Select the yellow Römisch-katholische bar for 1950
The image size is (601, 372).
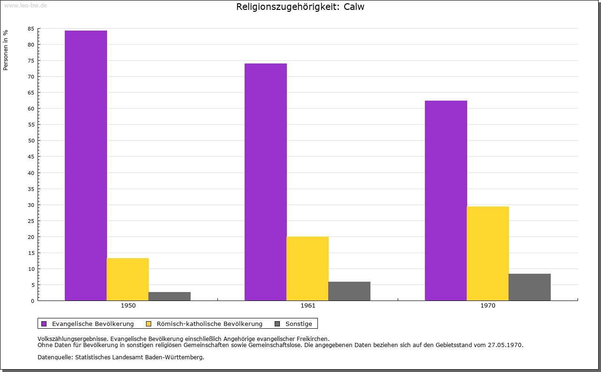pyautogui.click(x=128, y=279)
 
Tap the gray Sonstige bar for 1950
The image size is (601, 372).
pyautogui.click(x=170, y=296)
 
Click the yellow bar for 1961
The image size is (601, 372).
pyautogui.click(x=308, y=269)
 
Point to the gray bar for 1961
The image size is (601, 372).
pyautogui.click(x=349, y=291)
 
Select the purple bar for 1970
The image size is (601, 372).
pyautogui.click(x=446, y=200)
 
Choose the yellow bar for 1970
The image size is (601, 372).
pyautogui.click(x=488, y=253)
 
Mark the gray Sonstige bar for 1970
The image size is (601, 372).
pyautogui.click(x=530, y=287)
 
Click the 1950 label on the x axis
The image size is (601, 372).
pyautogui.click(x=128, y=306)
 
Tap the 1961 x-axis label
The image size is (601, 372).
pyautogui.click(x=308, y=306)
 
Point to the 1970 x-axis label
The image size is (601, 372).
pyautogui.click(x=488, y=306)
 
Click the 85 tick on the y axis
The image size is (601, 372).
pyautogui.click(x=31, y=29)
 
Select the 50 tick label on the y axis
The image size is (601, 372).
pyautogui.click(x=31, y=141)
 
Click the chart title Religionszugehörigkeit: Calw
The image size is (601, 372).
pyautogui.click(x=300, y=7)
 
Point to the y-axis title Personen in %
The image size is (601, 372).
pyautogui.click(x=6, y=50)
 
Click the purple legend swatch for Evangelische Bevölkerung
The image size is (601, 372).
pyautogui.click(x=44, y=324)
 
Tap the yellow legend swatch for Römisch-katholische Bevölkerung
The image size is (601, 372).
pyautogui.click(x=148, y=324)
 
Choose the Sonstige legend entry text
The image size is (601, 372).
pyautogui.click(x=299, y=324)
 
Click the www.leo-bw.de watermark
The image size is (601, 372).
pyautogui.click(x=25, y=5)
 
